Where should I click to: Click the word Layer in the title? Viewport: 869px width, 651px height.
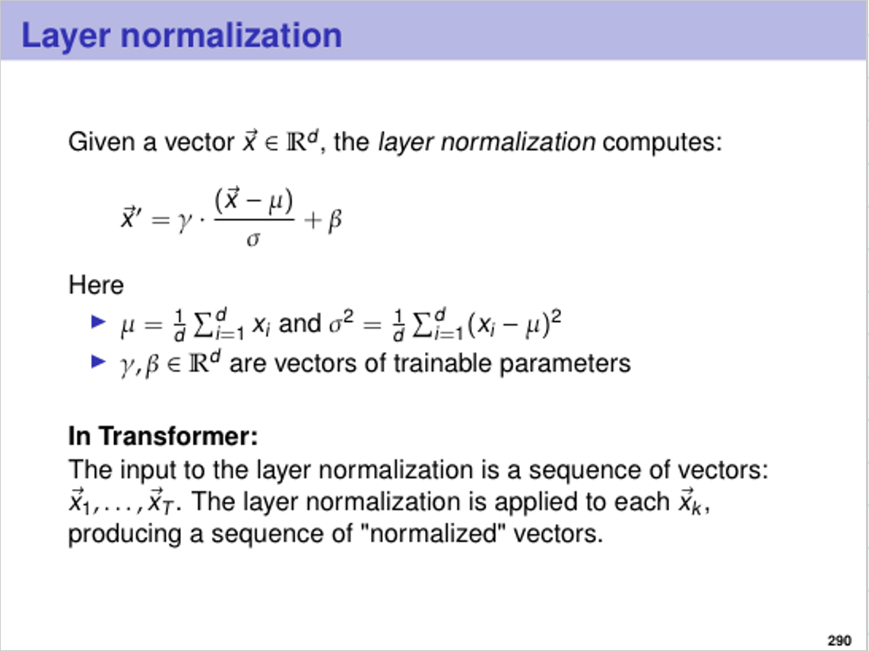click(65, 37)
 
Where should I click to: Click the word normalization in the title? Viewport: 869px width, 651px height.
click(231, 35)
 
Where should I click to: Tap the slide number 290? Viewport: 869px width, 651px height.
click(839, 640)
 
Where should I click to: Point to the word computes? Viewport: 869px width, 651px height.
click(662, 143)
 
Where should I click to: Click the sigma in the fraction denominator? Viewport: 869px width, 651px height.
click(253, 240)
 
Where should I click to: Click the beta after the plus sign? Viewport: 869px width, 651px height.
click(335, 221)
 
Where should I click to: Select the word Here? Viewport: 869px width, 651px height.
click(96, 285)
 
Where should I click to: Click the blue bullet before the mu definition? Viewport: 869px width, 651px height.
click(98, 321)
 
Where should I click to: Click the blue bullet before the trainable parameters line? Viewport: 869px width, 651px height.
click(98, 362)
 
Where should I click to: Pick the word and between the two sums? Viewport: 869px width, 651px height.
click(300, 323)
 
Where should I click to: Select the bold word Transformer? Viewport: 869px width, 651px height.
click(179, 436)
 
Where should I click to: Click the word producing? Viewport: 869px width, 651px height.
click(125, 535)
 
